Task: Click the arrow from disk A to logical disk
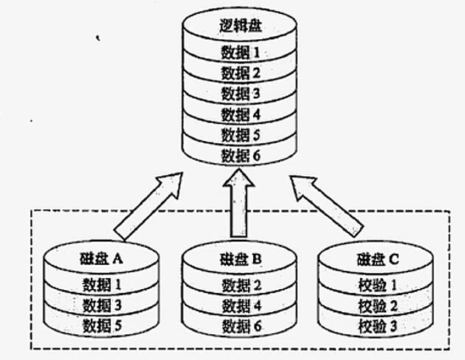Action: [x=148, y=204]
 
